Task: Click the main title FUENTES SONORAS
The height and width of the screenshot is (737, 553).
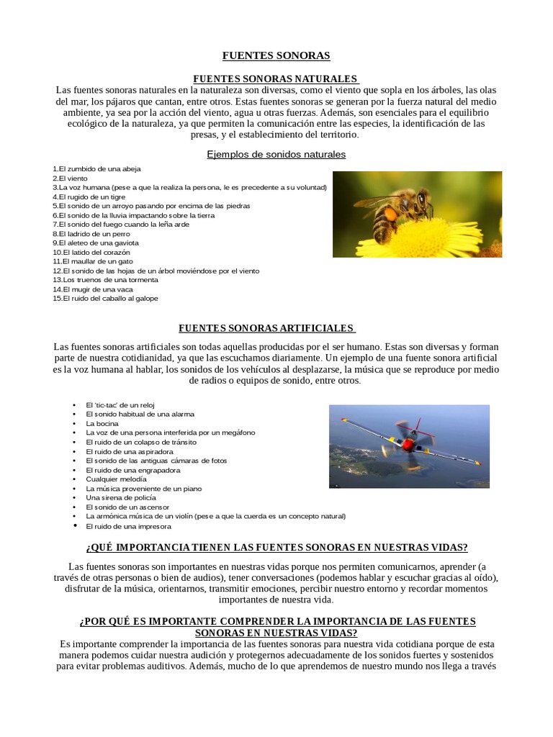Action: point(276,55)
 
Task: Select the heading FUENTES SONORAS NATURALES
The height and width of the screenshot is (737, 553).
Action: point(276,78)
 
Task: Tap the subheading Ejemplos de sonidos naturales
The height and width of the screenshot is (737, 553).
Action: point(276,154)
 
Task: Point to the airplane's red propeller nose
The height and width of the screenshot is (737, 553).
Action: point(409,446)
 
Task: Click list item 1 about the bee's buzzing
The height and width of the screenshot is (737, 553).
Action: point(96,168)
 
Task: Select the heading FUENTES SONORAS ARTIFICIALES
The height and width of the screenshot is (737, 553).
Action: point(267,328)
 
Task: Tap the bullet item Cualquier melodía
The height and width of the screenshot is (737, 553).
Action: point(116,479)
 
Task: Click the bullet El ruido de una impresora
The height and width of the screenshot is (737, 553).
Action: point(128,526)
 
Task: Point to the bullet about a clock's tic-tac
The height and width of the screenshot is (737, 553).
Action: point(120,405)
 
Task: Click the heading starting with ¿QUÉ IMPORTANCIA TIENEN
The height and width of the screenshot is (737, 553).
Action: point(276,547)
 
